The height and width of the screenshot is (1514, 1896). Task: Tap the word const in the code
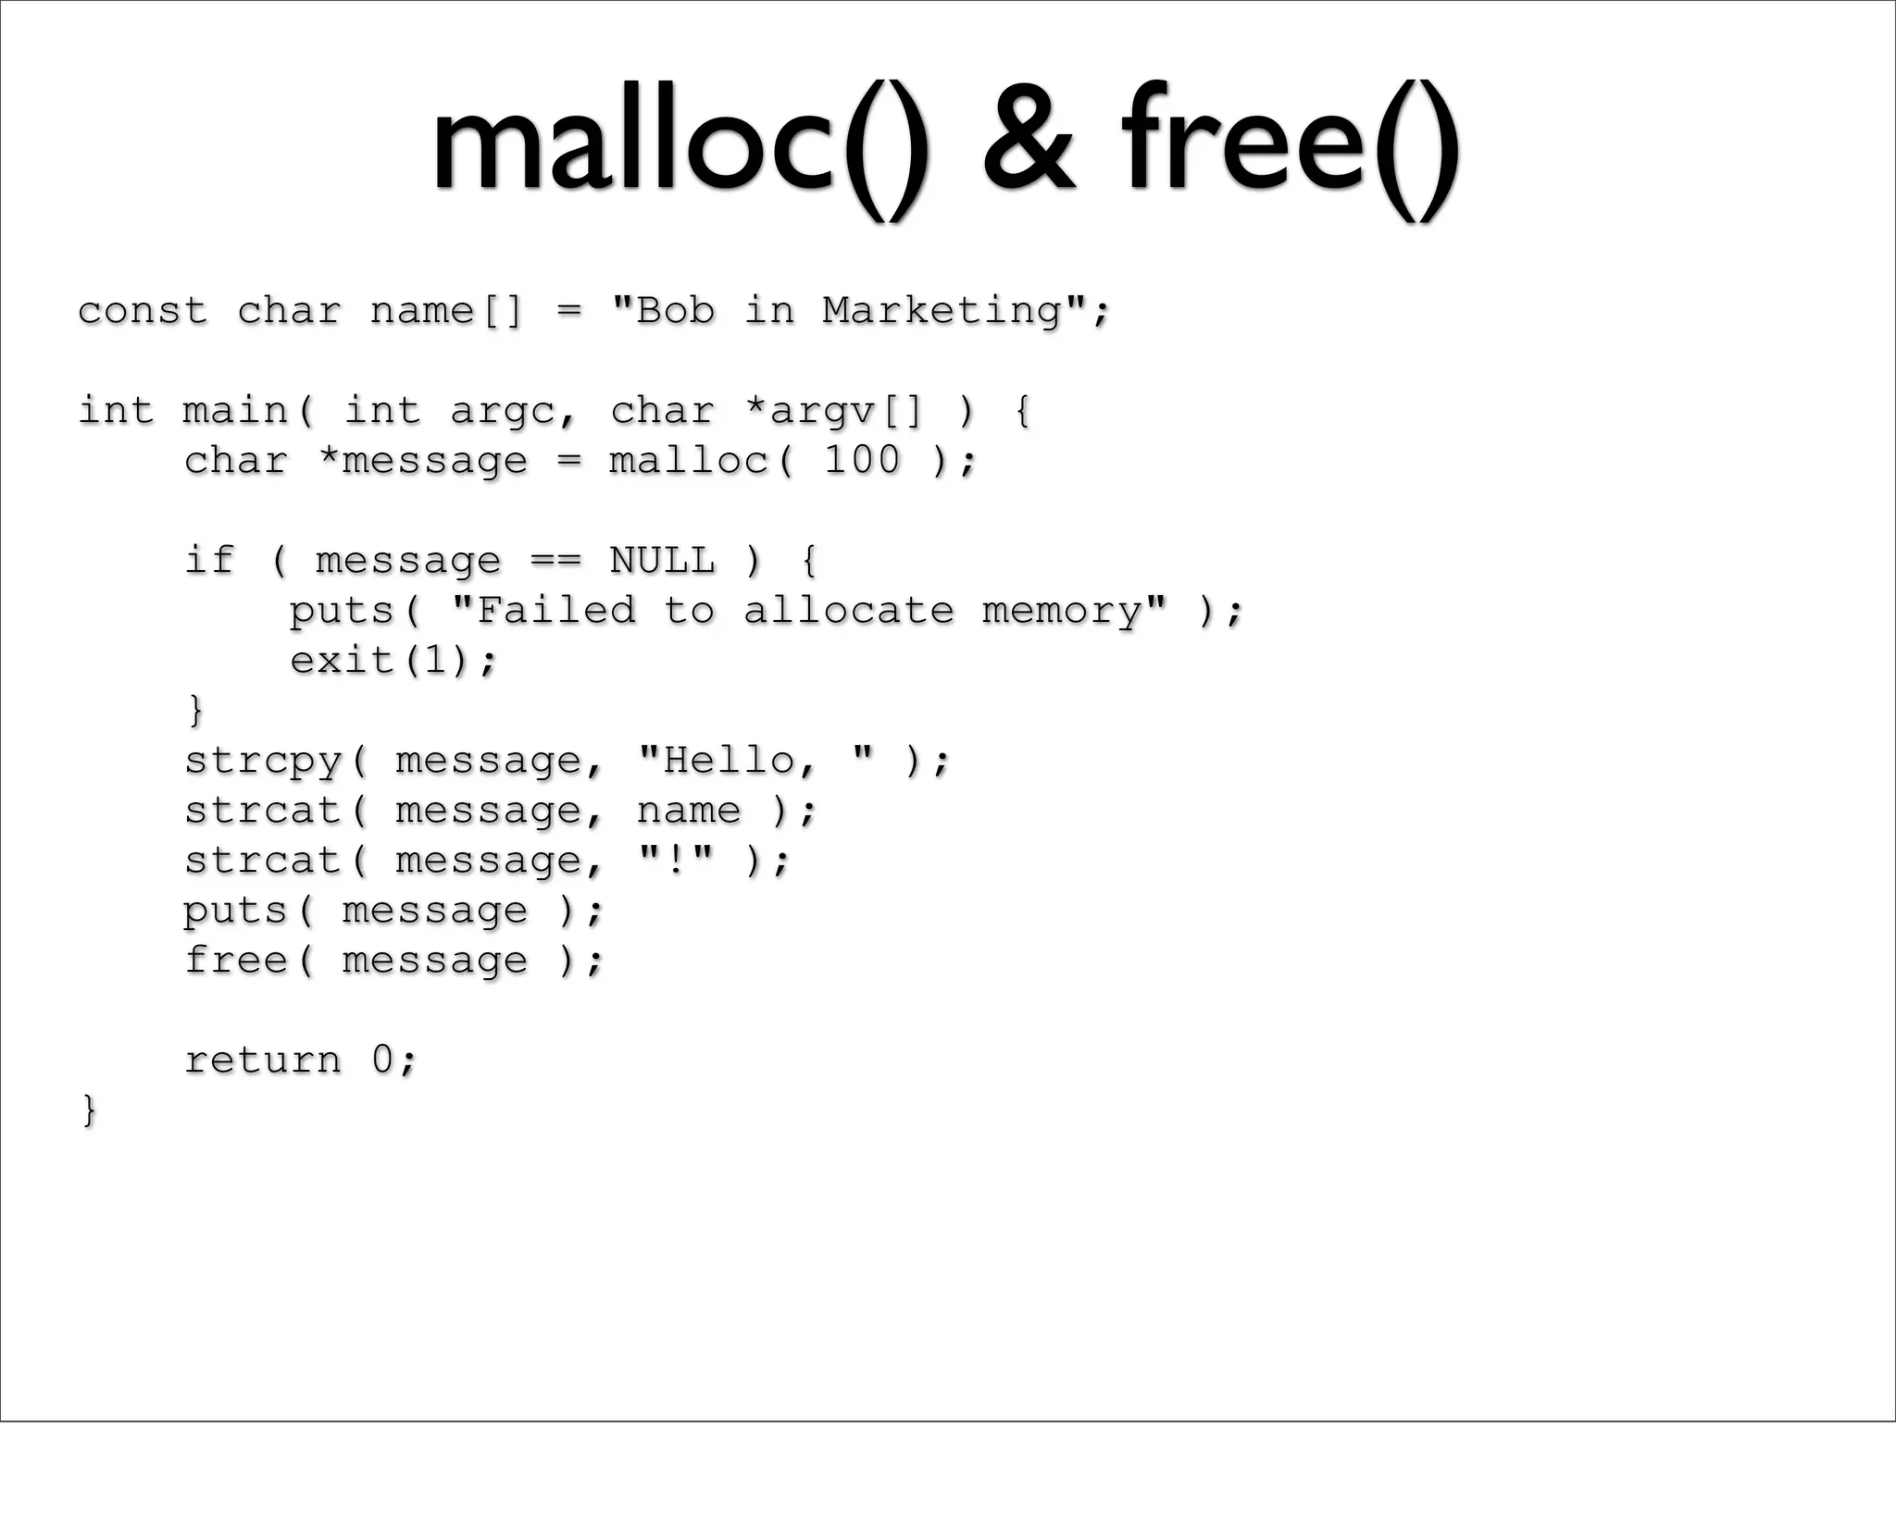click(143, 311)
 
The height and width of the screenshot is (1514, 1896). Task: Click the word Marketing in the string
click(942, 311)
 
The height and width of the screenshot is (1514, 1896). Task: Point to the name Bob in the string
click(676, 311)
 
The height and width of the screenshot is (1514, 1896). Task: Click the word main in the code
click(235, 411)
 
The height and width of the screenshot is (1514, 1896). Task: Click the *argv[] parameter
click(834, 411)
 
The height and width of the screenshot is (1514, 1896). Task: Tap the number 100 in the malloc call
click(862, 461)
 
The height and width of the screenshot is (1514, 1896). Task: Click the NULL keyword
click(662, 561)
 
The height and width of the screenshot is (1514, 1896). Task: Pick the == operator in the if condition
click(555, 561)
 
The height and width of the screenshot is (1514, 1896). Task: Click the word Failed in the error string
click(555, 611)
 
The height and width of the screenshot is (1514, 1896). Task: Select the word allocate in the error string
click(848, 611)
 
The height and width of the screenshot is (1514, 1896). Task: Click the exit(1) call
click(393, 661)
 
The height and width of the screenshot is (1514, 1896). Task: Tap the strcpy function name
click(263, 761)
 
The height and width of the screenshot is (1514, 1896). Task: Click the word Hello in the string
click(729, 761)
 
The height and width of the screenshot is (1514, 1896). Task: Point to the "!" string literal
click(676, 861)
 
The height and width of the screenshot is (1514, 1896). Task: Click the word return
click(263, 1061)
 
